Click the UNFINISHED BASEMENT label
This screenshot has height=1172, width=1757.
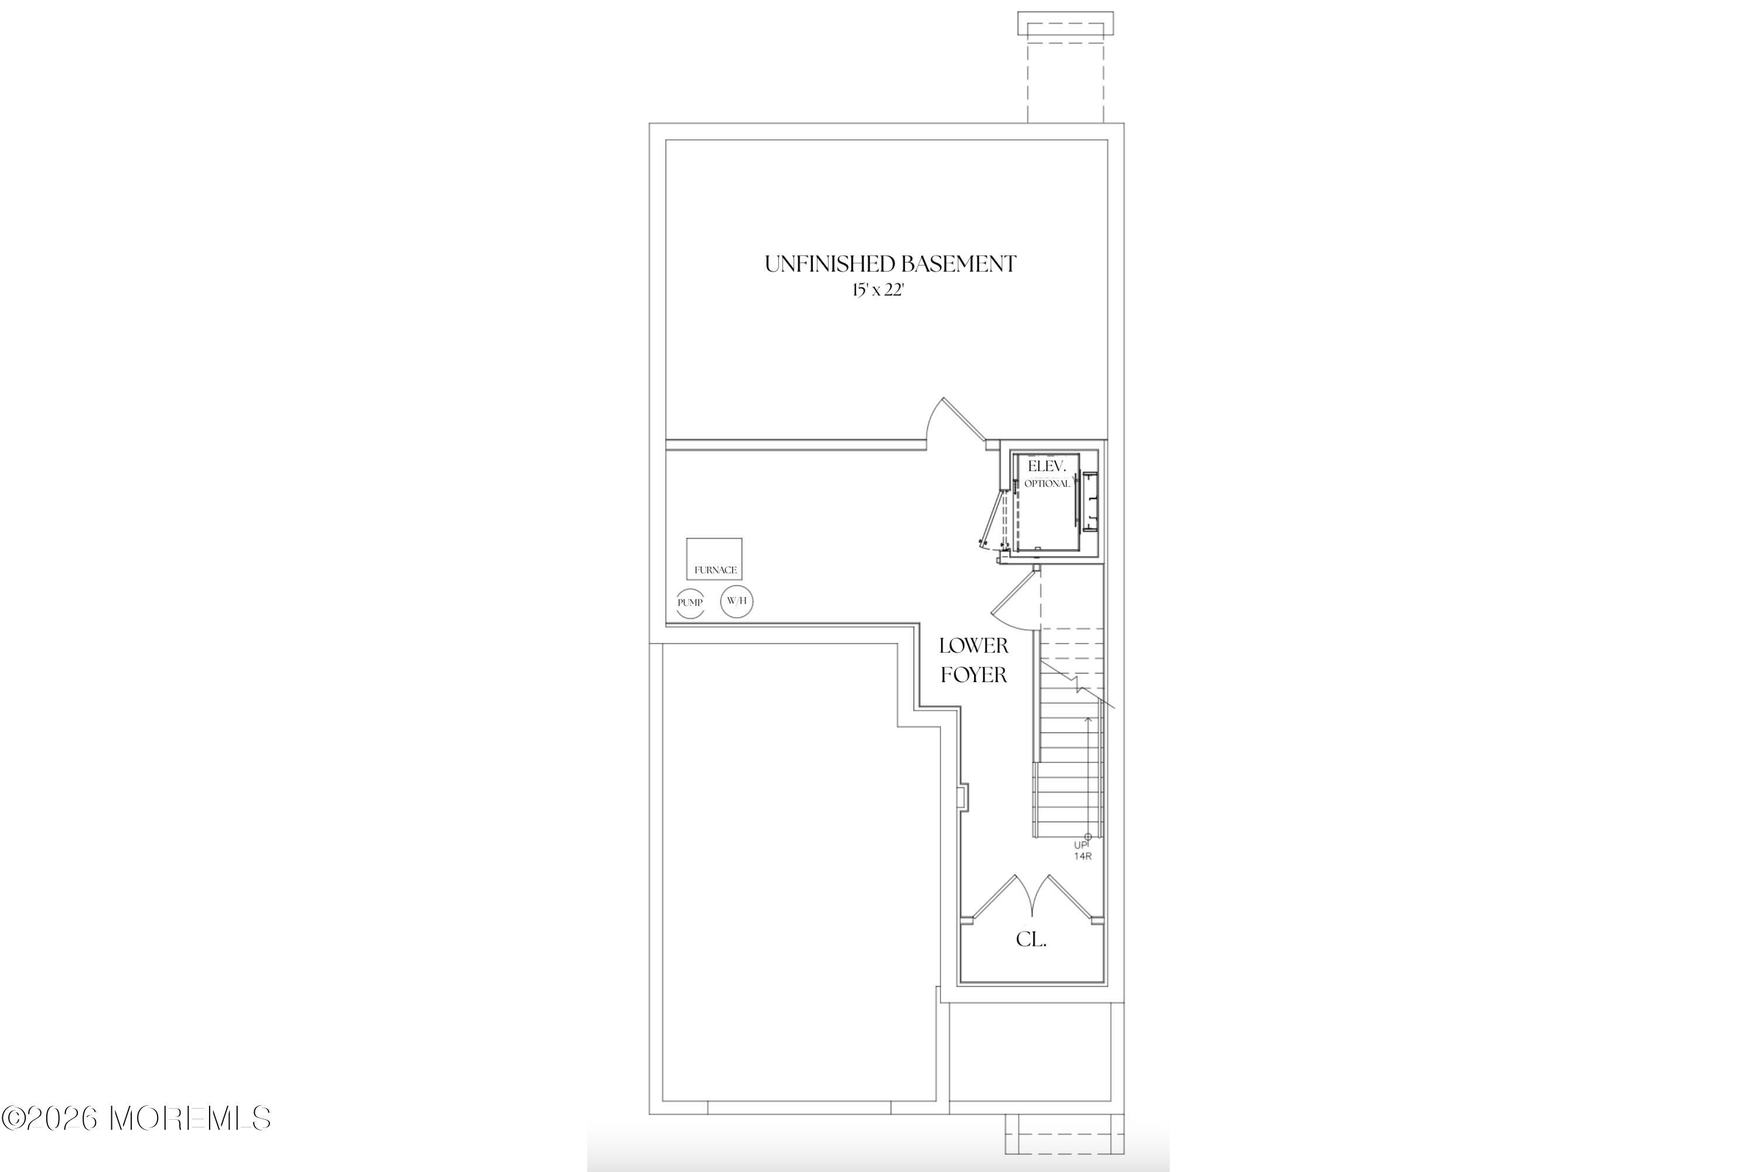click(x=890, y=264)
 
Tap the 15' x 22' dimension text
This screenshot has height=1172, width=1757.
click(x=878, y=291)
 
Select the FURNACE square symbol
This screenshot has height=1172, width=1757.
click(x=714, y=558)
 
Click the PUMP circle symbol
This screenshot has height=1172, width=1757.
click(x=691, y=602)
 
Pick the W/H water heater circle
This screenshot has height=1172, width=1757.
click(x=737, y=601)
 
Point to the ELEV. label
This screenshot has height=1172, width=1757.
click(x=1044, y=466)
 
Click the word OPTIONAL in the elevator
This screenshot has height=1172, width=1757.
click(x=1047, y=483)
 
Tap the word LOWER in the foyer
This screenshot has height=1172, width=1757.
click(x=973, y=646)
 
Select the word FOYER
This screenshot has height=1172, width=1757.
click(x=973, y=675)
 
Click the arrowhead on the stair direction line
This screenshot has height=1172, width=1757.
click(x=1088, y=720)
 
